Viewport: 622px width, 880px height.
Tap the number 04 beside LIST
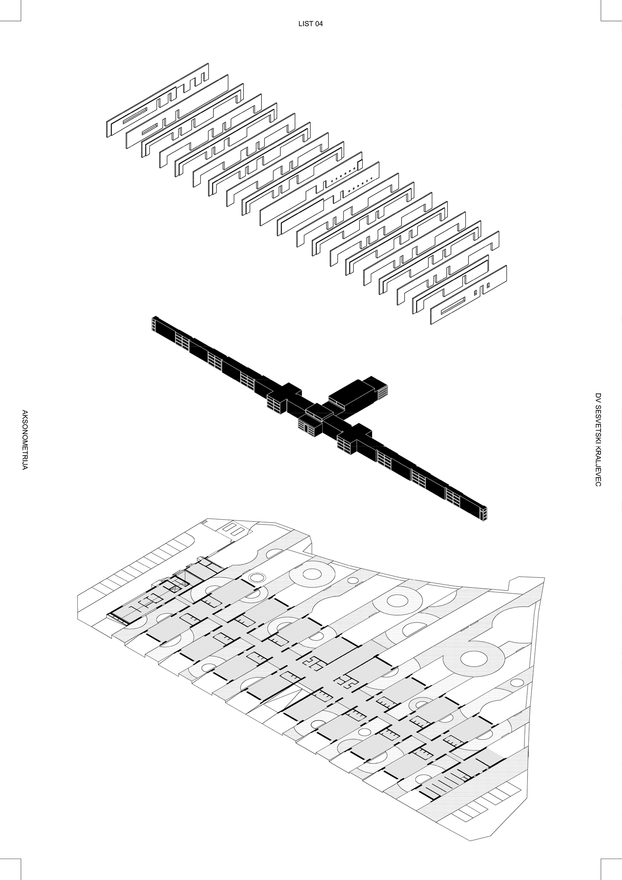point(319,24)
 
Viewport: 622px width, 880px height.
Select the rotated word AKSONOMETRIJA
point(24,440)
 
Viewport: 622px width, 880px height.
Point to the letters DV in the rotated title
point(598,396)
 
